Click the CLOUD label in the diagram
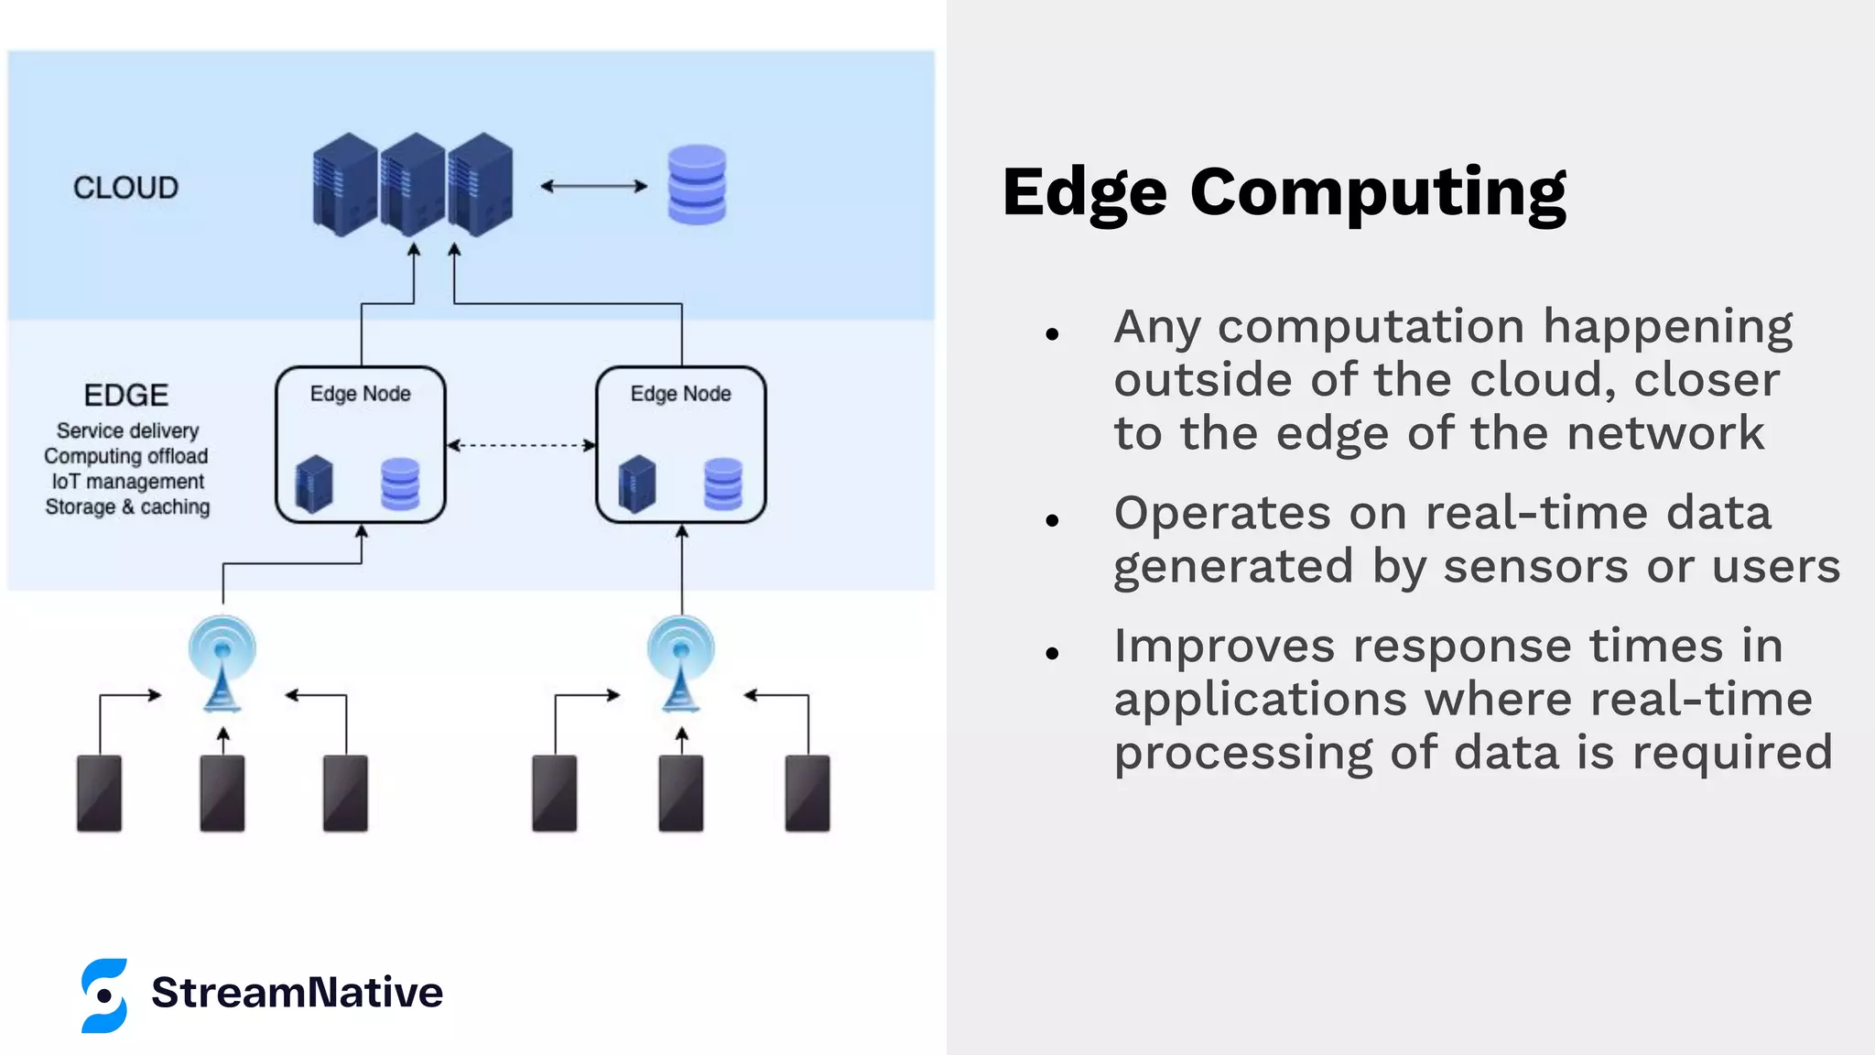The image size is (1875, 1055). coord(125,188)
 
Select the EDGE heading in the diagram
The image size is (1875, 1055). coord(126,396)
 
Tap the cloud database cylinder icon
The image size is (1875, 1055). coord(697,185)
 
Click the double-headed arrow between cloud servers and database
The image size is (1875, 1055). coord(593,186)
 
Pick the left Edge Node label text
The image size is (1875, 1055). coord(360,394)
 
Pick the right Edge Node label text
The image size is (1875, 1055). coord(680,394)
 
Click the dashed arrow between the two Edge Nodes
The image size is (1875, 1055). coord(520,446)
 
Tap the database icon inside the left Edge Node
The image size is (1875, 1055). coord(400,484)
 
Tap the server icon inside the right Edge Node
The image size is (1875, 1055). coord(637,484)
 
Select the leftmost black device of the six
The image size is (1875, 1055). coord(100,793)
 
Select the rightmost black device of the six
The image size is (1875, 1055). coord(807,793)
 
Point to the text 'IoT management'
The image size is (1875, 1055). coord(128,482)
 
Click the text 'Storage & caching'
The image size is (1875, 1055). coord(127,507)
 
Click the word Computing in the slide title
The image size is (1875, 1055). coord(1377,192)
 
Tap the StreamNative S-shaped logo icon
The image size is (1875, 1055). coord(104,995)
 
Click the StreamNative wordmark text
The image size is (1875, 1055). coord(297,993)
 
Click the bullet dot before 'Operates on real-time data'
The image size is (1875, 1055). coord(1052,520)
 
